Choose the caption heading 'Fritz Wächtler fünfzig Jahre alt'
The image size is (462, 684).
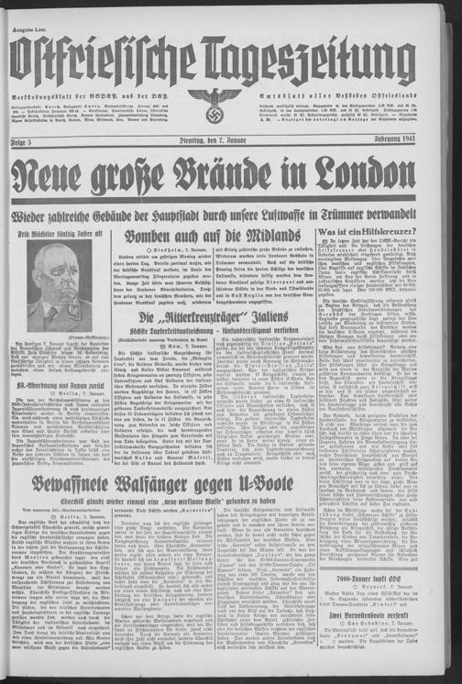[65, 234]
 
